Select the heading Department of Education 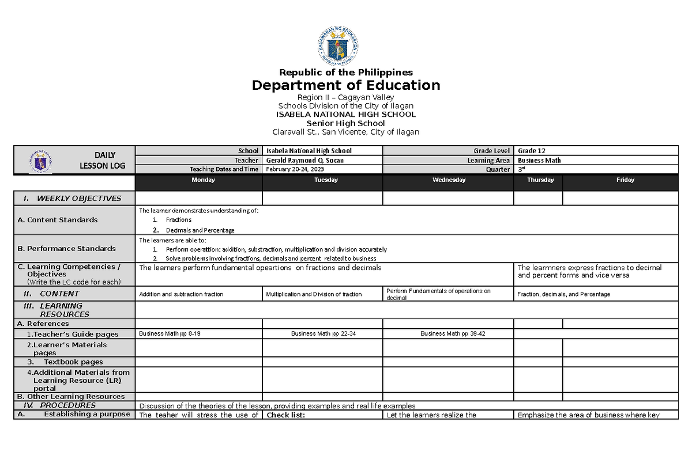click(x=345, y=86)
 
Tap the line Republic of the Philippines click(x=345, y=72)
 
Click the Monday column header click(x=203, y=180)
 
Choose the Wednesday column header click(x=449, y=180)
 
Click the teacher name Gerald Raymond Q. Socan click(x=304, y=160)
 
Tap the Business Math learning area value click(x=539, y=160)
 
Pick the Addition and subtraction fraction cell click(x=181, y=294)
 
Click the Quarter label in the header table click(x=498, y=169)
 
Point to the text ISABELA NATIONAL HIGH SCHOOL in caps click(x=345, y=115)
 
